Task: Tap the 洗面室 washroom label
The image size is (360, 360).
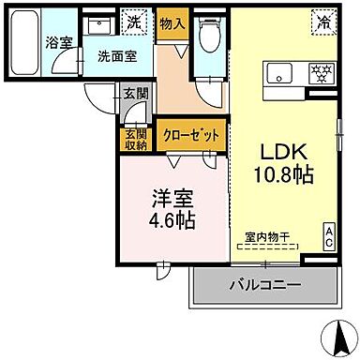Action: [x=117, y=55]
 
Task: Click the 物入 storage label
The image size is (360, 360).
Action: [x=170, y=21]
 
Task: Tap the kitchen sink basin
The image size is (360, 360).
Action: [x=282, y=74]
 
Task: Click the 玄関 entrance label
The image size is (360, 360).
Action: [x=134, y=92]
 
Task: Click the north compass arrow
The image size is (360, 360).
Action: [x=333, y=334]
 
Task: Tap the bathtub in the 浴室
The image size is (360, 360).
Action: [x=27, y=42]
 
